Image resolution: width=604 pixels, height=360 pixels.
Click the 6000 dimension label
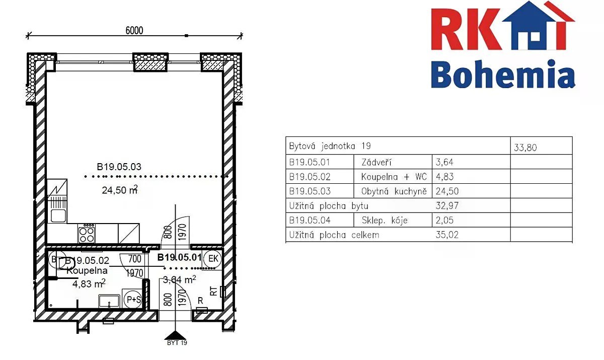[x=134, y=31]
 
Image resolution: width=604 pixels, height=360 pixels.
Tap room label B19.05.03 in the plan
[x=119, y=167]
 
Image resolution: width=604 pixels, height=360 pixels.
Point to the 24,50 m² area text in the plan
[x=120, y=190]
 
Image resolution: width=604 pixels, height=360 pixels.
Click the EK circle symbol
[x=213, y=259]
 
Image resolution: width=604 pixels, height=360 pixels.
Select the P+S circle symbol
[x=134, y=299]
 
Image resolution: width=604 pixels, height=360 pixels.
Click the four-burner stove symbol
[x=87, y=235]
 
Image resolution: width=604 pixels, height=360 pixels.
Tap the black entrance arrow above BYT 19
[x=176, y=335]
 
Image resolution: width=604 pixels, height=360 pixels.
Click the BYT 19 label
[x=177, y=343]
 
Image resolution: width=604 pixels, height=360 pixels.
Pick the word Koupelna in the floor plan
[x=87, y=270]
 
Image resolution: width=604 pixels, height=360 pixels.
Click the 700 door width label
[x=134, y=259]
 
